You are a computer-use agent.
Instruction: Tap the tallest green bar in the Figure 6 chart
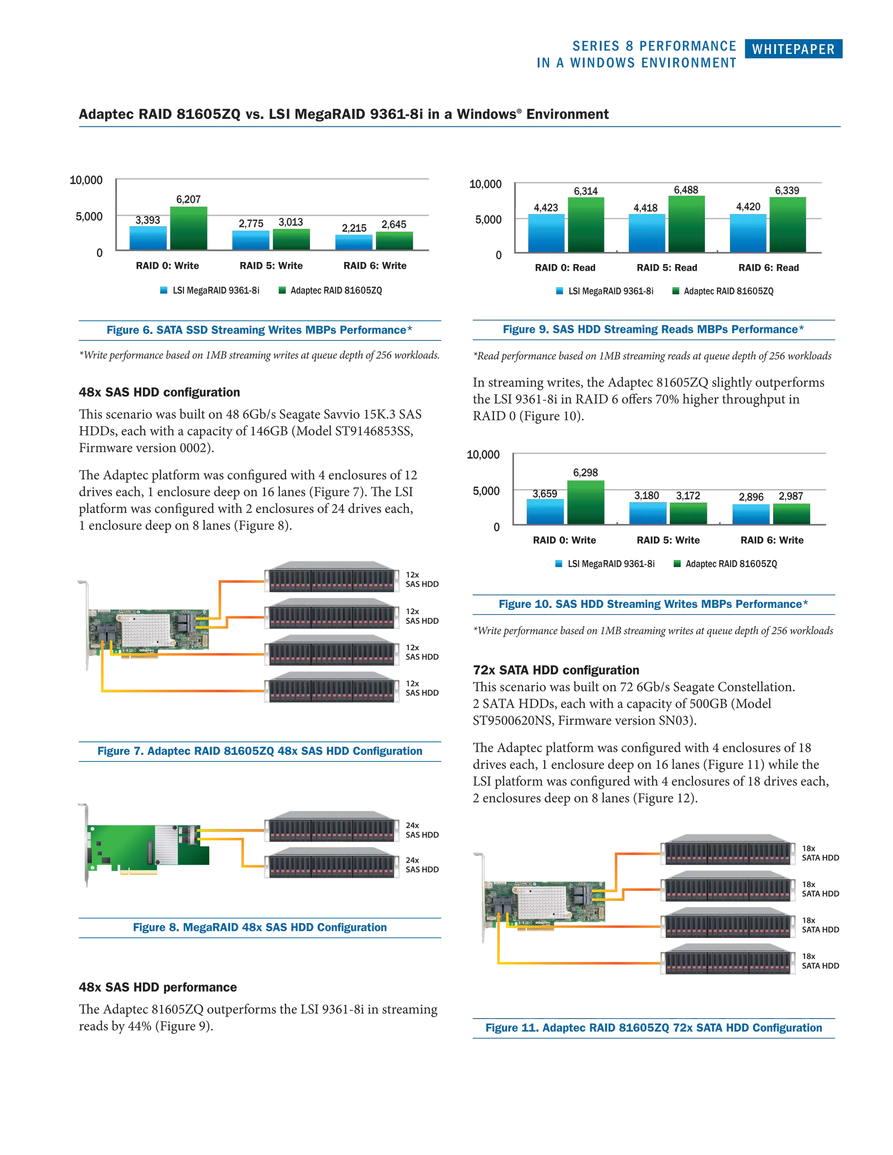point(188,228)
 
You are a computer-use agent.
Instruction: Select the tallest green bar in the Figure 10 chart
point(586,501)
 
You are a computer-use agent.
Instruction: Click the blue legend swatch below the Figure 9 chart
point(559,291)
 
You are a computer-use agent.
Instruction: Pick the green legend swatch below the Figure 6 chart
point(282,290)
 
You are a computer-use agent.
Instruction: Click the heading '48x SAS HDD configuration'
point(159,392)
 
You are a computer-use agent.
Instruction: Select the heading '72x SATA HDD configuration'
point(556,670)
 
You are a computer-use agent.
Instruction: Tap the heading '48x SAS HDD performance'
point(158,987)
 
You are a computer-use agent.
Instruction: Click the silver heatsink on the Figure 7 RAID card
point(146,627)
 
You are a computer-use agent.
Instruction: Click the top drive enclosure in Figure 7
point(332,577)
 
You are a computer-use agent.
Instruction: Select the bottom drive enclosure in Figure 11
point(729,959)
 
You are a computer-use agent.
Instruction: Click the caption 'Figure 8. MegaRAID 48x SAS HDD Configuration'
point(259,927)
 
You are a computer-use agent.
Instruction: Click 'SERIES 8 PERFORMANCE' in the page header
point(654,46)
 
